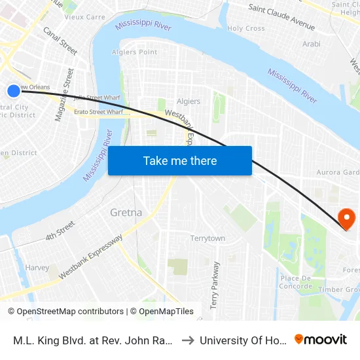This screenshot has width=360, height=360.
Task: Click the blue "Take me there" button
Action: coord(180,160)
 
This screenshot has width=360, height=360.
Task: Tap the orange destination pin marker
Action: coord(345,219)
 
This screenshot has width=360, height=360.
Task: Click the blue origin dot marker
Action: coord(14,90)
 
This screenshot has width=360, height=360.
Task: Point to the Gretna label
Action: coord(126,213)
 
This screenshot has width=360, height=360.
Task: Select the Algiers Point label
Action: coord(134,52)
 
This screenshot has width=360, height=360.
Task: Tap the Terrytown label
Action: coord(207,238)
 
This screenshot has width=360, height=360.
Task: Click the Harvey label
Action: coord(37,268)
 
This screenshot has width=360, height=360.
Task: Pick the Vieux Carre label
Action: coord(85,17)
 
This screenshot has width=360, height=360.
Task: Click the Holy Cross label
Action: coord(245,29)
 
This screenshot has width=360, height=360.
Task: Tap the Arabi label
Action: coord(312,45)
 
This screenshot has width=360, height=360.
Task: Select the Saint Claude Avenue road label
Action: coord(281,18)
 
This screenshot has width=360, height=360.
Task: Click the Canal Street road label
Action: coord(60,41)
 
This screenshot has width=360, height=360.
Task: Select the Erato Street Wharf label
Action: coord(98,112)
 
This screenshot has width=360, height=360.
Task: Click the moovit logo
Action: coord(321,340)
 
